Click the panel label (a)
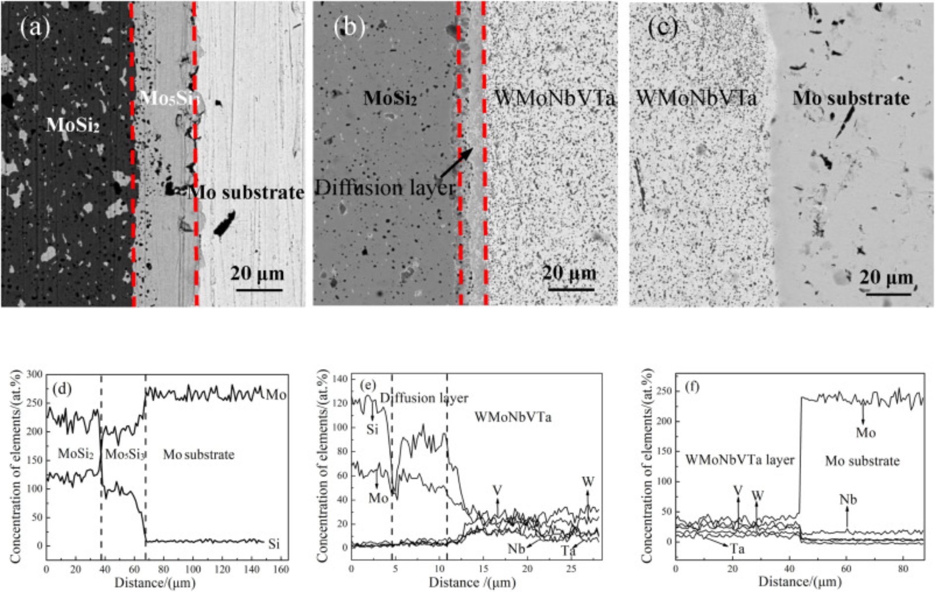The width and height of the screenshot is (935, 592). [x=35, y=27]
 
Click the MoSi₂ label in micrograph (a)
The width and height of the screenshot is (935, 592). [x=73, y=125]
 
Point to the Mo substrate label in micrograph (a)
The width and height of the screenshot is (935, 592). [x=246, y=192]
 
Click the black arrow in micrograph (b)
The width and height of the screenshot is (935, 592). [x=455, y=163]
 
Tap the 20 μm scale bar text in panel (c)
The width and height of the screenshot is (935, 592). [x=886, y=277]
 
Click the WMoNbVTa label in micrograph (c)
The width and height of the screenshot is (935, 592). [x=696, y=98]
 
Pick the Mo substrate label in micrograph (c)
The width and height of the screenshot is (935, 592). [x=851, y=98]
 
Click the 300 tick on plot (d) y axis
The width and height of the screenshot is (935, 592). [x=33, y=375]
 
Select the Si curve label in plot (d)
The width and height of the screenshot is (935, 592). [x=274, y=544]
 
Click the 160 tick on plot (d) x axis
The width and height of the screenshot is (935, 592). [x=280, y=570]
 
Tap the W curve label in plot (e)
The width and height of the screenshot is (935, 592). [x=588, y=482]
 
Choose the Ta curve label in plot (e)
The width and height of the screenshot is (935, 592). [x=568, y=550]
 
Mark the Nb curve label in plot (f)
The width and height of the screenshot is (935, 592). [x=848, y=499]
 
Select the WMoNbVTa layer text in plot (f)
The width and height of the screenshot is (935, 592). [x=739, y=460]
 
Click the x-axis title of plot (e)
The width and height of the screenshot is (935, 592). [x=472, y=583]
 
